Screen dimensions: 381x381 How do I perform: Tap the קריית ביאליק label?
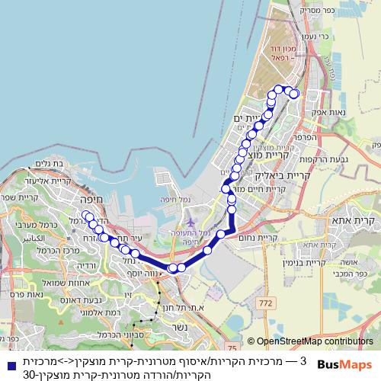pyautogui.click(x=285, y=174)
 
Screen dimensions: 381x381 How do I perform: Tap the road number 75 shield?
pyautogui.click(x=232, y=326)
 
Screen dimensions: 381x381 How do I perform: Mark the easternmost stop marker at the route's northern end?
pyautogui.click(x=294, y=94)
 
